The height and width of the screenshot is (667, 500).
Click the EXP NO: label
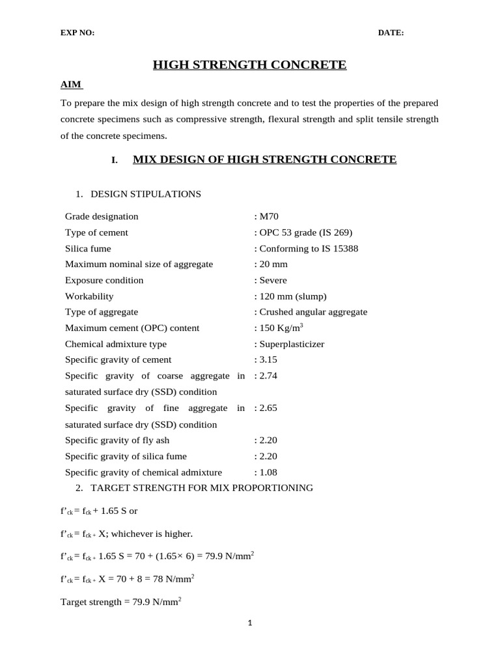(x=77, y=33)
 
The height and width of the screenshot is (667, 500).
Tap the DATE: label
(x=391, y=33)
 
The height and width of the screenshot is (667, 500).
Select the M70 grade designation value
(x=269, y=216)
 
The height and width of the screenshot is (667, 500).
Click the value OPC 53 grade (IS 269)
(x=306, y=233)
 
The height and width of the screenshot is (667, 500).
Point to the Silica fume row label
(x=88, y=248)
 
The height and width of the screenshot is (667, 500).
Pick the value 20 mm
(x=273, y=264)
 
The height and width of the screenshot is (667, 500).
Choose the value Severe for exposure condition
(x=273, y=280)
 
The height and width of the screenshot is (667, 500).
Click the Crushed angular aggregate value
(x=313, y=312)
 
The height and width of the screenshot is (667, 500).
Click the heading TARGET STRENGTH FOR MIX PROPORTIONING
(x=202, y=488)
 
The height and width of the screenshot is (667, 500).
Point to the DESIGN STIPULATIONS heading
(x=146, y=194)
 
